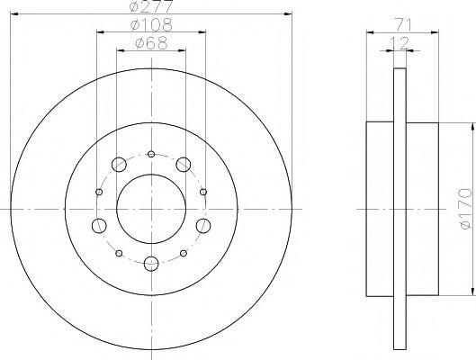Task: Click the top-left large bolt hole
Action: click(x=118, y=164)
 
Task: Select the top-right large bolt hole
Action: click(x=184, y=164)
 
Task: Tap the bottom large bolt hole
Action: click(x=151, y=263)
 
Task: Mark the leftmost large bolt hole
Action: click(x=99, y=224)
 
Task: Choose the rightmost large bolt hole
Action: click(x=204, y=224)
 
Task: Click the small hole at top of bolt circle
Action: click(x=151, y=153)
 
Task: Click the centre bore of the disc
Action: click(x=151, y=207)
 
